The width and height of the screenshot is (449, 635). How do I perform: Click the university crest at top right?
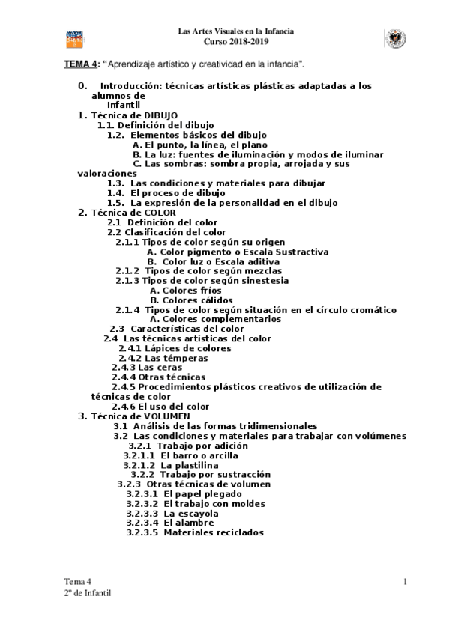[x=394, y=37]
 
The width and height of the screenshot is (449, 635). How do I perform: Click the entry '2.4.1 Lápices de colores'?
[x=167, y=348]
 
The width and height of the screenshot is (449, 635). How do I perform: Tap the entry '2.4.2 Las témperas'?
[x=158, y=358]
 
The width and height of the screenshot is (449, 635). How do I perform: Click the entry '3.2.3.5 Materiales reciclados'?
[x=194, y=532]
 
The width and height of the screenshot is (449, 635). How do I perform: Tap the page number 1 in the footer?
[x=405, y=582]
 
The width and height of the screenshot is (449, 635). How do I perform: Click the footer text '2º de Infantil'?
[x=88, y=593]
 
